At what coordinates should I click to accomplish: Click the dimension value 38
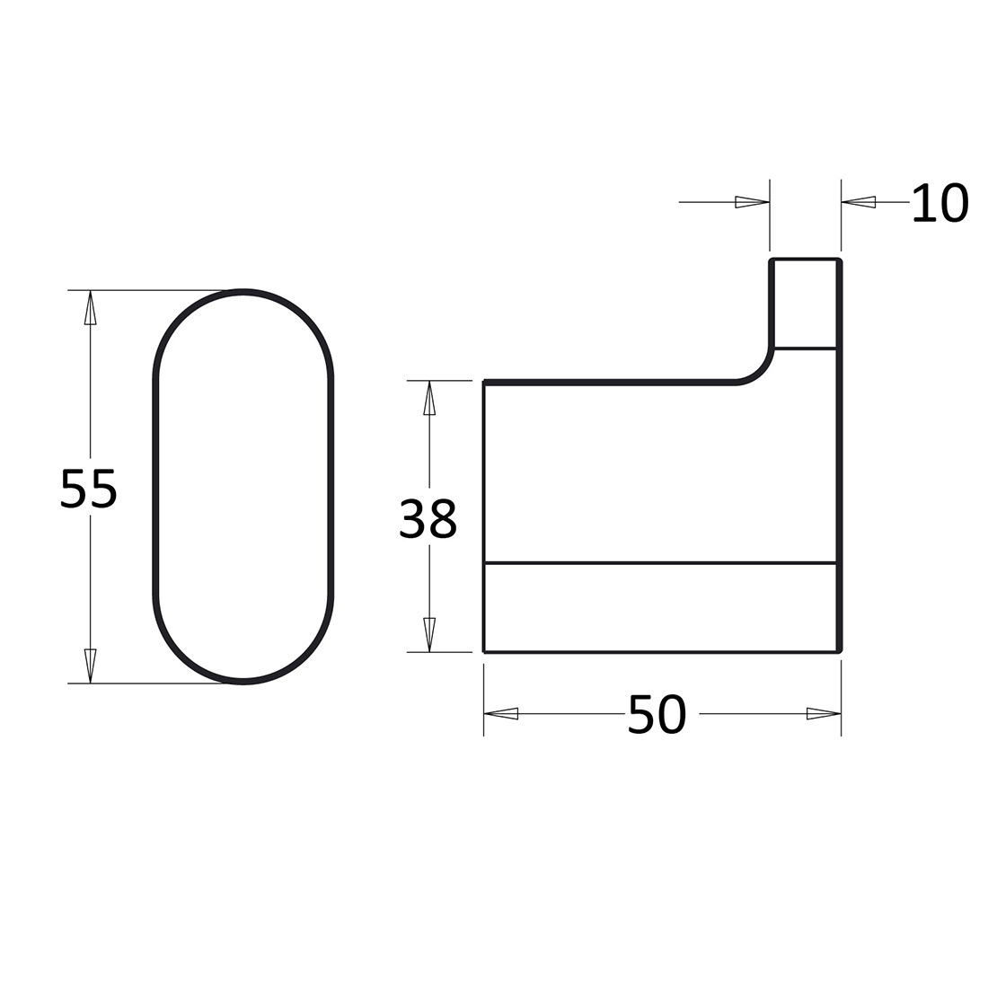428,518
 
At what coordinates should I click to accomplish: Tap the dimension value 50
657,715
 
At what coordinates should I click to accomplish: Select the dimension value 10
939,203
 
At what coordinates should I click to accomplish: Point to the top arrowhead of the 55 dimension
90,307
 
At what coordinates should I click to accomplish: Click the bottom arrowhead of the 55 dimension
90,666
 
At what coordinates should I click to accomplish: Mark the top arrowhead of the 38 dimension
429,398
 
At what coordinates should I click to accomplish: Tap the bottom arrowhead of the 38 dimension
429,634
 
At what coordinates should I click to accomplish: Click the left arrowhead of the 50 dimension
501,714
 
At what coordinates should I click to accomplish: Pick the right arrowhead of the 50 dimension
824,714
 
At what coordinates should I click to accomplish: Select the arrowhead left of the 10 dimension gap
752,202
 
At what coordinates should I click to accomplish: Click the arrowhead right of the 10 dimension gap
859,202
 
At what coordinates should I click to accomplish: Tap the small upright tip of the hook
805,304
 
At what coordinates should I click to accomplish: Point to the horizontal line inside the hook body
660,563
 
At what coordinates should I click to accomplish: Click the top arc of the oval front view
243,293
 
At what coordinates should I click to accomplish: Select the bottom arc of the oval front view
243,681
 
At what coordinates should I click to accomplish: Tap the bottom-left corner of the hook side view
485,650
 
